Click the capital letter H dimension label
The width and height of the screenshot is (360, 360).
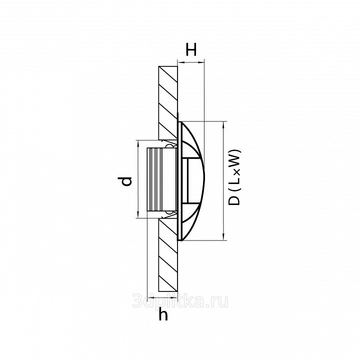coord(191,50)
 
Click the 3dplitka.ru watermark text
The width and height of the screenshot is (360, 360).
coord(180,301)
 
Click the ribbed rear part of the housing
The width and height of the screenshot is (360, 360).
coord(154,179)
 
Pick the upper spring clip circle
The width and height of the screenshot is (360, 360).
coord(169,146)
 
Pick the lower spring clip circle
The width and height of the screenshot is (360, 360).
coord(169,212)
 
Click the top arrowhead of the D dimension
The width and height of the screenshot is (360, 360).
coord(223,124)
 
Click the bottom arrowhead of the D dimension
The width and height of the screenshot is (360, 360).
coord(223,237)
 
